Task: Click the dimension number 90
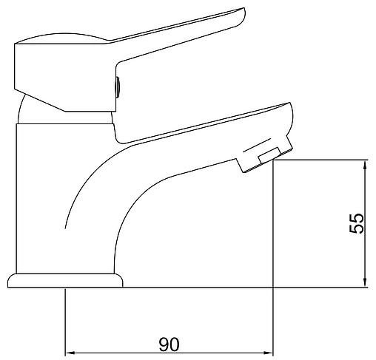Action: [x=169, y=344]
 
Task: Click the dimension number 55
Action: [x=356, y=223]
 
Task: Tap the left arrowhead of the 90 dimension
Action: [x=70, y=353]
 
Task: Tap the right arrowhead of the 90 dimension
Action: [x=269, y=353]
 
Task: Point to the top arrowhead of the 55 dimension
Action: [x=366, y=164]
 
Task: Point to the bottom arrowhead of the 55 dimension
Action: [x=366, y=282]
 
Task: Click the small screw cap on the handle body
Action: [x=118, y=87]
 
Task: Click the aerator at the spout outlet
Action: [x=264, y=156]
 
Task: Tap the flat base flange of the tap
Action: [x=65, y=280]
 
